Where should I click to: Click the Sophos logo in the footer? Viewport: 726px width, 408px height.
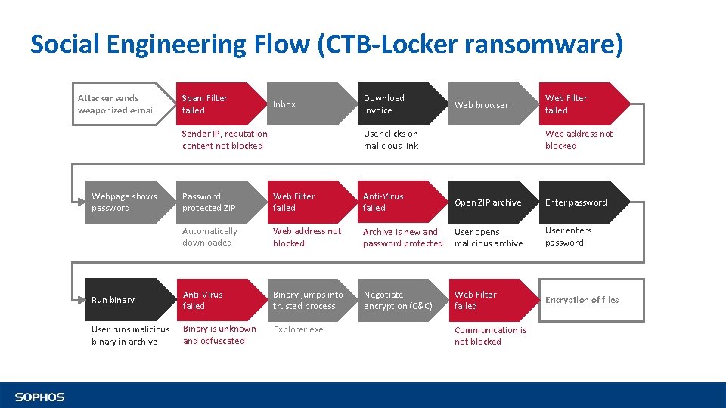[x=40, y=397]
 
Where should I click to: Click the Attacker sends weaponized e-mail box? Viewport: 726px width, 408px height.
[x=121, y=104]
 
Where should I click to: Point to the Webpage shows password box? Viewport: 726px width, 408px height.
[x=125, y=202]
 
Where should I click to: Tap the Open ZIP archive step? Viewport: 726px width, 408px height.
[x=488, y=202]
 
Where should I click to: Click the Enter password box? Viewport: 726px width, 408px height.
[x=579, y=202]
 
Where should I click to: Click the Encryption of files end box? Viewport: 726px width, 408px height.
[x=582, y=300]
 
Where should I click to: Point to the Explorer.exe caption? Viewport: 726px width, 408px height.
[x=298, y=329]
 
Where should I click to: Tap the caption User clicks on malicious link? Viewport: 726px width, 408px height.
[x=391, y=140]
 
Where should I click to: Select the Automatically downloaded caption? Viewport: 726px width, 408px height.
[x=209, y=237]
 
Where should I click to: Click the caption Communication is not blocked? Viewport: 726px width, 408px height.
[x=491, y=335]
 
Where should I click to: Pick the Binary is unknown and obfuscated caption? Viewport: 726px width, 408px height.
[x=219, y=335]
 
